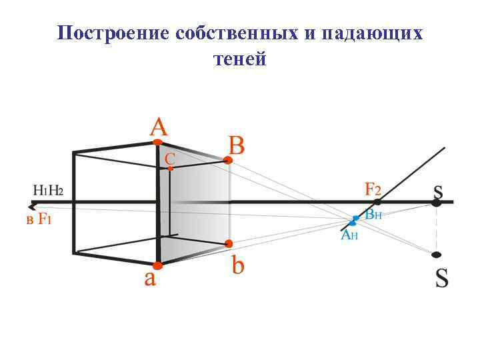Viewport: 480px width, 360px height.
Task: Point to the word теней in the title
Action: click(239, 59)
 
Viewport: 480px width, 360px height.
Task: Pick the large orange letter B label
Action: click(237, 145)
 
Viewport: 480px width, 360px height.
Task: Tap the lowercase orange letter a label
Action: click(151, 277)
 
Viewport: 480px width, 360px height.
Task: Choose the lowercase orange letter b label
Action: click(238, 265)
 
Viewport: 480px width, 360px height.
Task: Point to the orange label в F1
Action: click(39, 219)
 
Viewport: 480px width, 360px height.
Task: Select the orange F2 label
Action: click(373, 188)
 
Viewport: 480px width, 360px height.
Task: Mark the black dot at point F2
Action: click(377, 201)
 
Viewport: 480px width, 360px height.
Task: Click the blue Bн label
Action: click(373, 215)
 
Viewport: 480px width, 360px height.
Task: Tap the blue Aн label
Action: click(349, 235)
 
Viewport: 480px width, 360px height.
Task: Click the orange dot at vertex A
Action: click(157, 142)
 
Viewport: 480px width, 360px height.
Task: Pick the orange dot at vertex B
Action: click(228, 160)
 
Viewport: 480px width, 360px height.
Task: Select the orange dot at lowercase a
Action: click(158, 265)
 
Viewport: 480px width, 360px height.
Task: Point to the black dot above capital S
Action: click(437, 255)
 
